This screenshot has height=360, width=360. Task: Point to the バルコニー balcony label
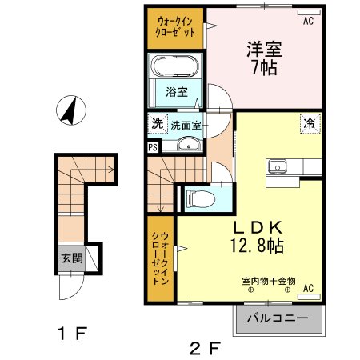pyautogui.click(x=277, y=318)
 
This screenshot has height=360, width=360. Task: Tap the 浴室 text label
pyautogui.click(x=177, y=91)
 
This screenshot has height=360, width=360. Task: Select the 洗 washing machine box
pyautogui.click(x=157, y=124)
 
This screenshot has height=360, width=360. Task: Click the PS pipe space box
pyautogui.click(x=154, y=146)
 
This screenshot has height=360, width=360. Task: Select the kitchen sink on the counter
pyautogui.click(x=278, y=166)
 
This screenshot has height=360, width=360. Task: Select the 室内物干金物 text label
pyautogui.click(x=268, y=281)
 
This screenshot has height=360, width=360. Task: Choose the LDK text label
pyautogui.click(x=253, y=224)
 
